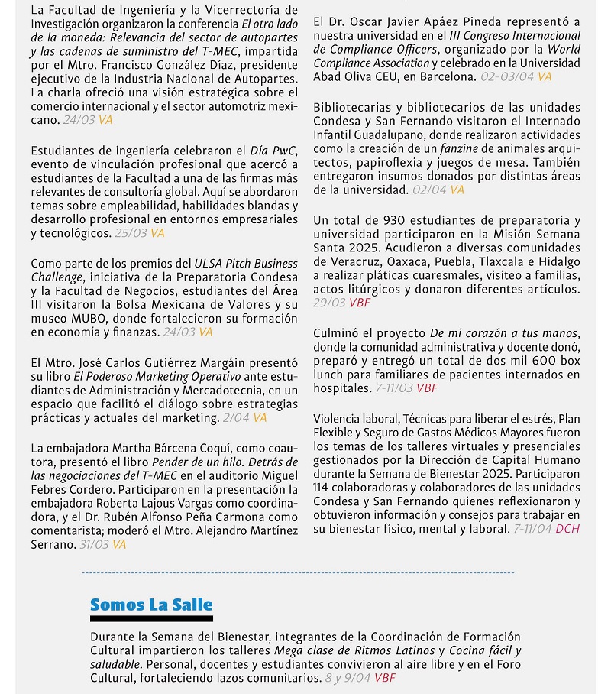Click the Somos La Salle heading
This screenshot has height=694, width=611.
[151, 605]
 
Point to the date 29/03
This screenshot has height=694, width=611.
[329, 303]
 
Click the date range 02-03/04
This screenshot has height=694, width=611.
[507, 76]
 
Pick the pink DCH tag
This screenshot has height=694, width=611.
[567, 528]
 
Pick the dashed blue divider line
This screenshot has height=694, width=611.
[298, 572]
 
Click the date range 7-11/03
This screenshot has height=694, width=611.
[394, 388]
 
